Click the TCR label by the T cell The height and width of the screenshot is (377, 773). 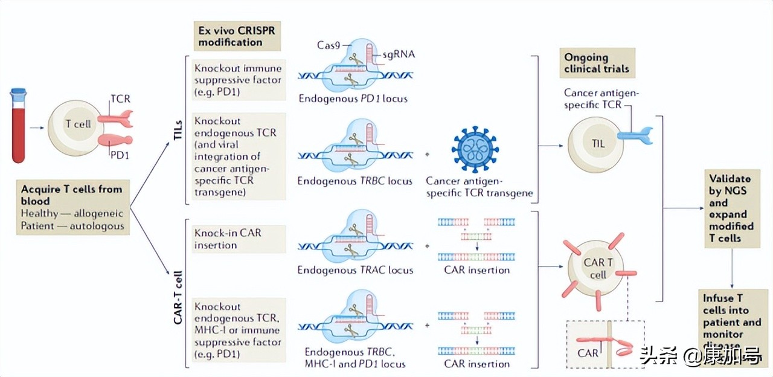(x=120, y=98)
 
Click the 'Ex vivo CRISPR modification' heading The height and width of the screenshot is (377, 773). (x=230, y=36)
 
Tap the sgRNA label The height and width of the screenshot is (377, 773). (x=399, y=55)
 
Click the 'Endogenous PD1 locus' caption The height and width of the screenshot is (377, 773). (x=353, y=98)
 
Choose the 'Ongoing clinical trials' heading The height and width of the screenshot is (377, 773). (x=596, y=63)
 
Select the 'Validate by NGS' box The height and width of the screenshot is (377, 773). (x=731, y=208)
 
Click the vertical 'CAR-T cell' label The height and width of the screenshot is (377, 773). (x=178, y=298)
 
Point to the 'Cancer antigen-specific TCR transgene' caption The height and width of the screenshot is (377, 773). (x=480, y=187)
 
